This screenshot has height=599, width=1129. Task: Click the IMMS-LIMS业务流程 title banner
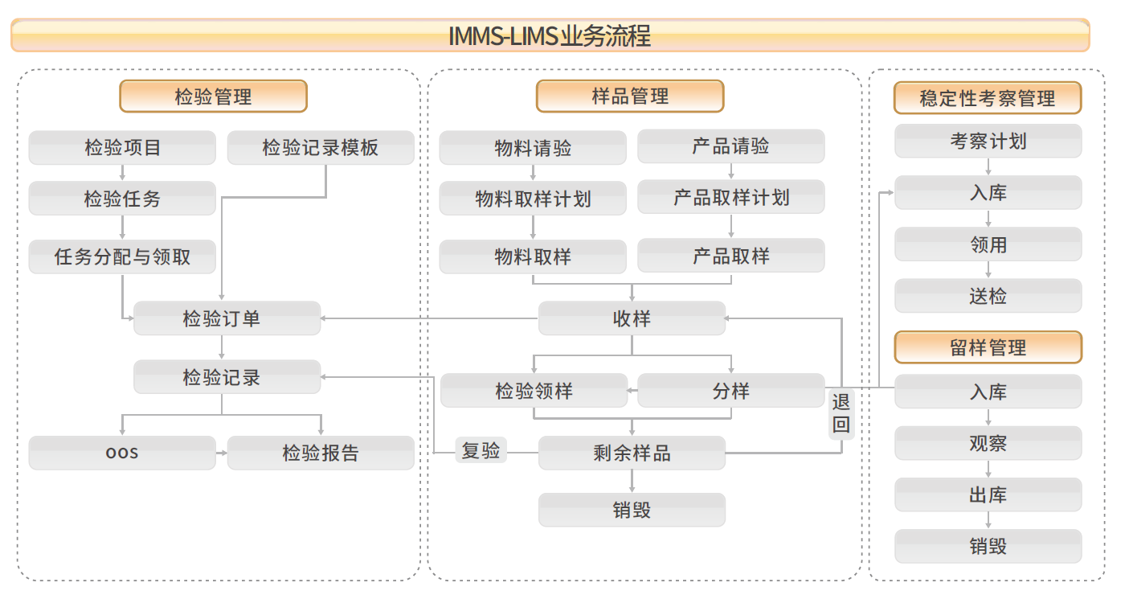(550, 35)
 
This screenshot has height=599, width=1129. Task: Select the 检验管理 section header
(213, 96)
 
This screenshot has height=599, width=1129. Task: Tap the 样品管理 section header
(630, 96)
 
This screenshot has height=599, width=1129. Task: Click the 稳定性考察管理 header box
(988, 98)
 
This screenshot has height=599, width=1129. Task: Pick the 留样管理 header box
(988, 347)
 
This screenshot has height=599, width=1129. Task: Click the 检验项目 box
(122, 148)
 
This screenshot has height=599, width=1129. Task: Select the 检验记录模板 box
(321, 148)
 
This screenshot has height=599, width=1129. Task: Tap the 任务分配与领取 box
(122, 256)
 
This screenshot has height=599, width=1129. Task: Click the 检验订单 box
(227, 318)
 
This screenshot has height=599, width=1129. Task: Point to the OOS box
(122, 453)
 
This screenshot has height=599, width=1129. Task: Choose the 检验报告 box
(321, 453)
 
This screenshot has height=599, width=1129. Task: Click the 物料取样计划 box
(533, 199)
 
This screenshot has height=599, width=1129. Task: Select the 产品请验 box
(730, 146)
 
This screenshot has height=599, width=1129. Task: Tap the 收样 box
(632, 318)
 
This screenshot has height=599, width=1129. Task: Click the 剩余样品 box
(632, 453)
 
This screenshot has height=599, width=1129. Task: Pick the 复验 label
(481, 450)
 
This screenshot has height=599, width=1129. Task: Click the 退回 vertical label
(841, 413)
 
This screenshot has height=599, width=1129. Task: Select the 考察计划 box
(988, 142)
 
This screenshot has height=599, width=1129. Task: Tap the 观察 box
(988, 443)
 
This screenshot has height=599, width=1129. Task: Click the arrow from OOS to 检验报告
(222, 453)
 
